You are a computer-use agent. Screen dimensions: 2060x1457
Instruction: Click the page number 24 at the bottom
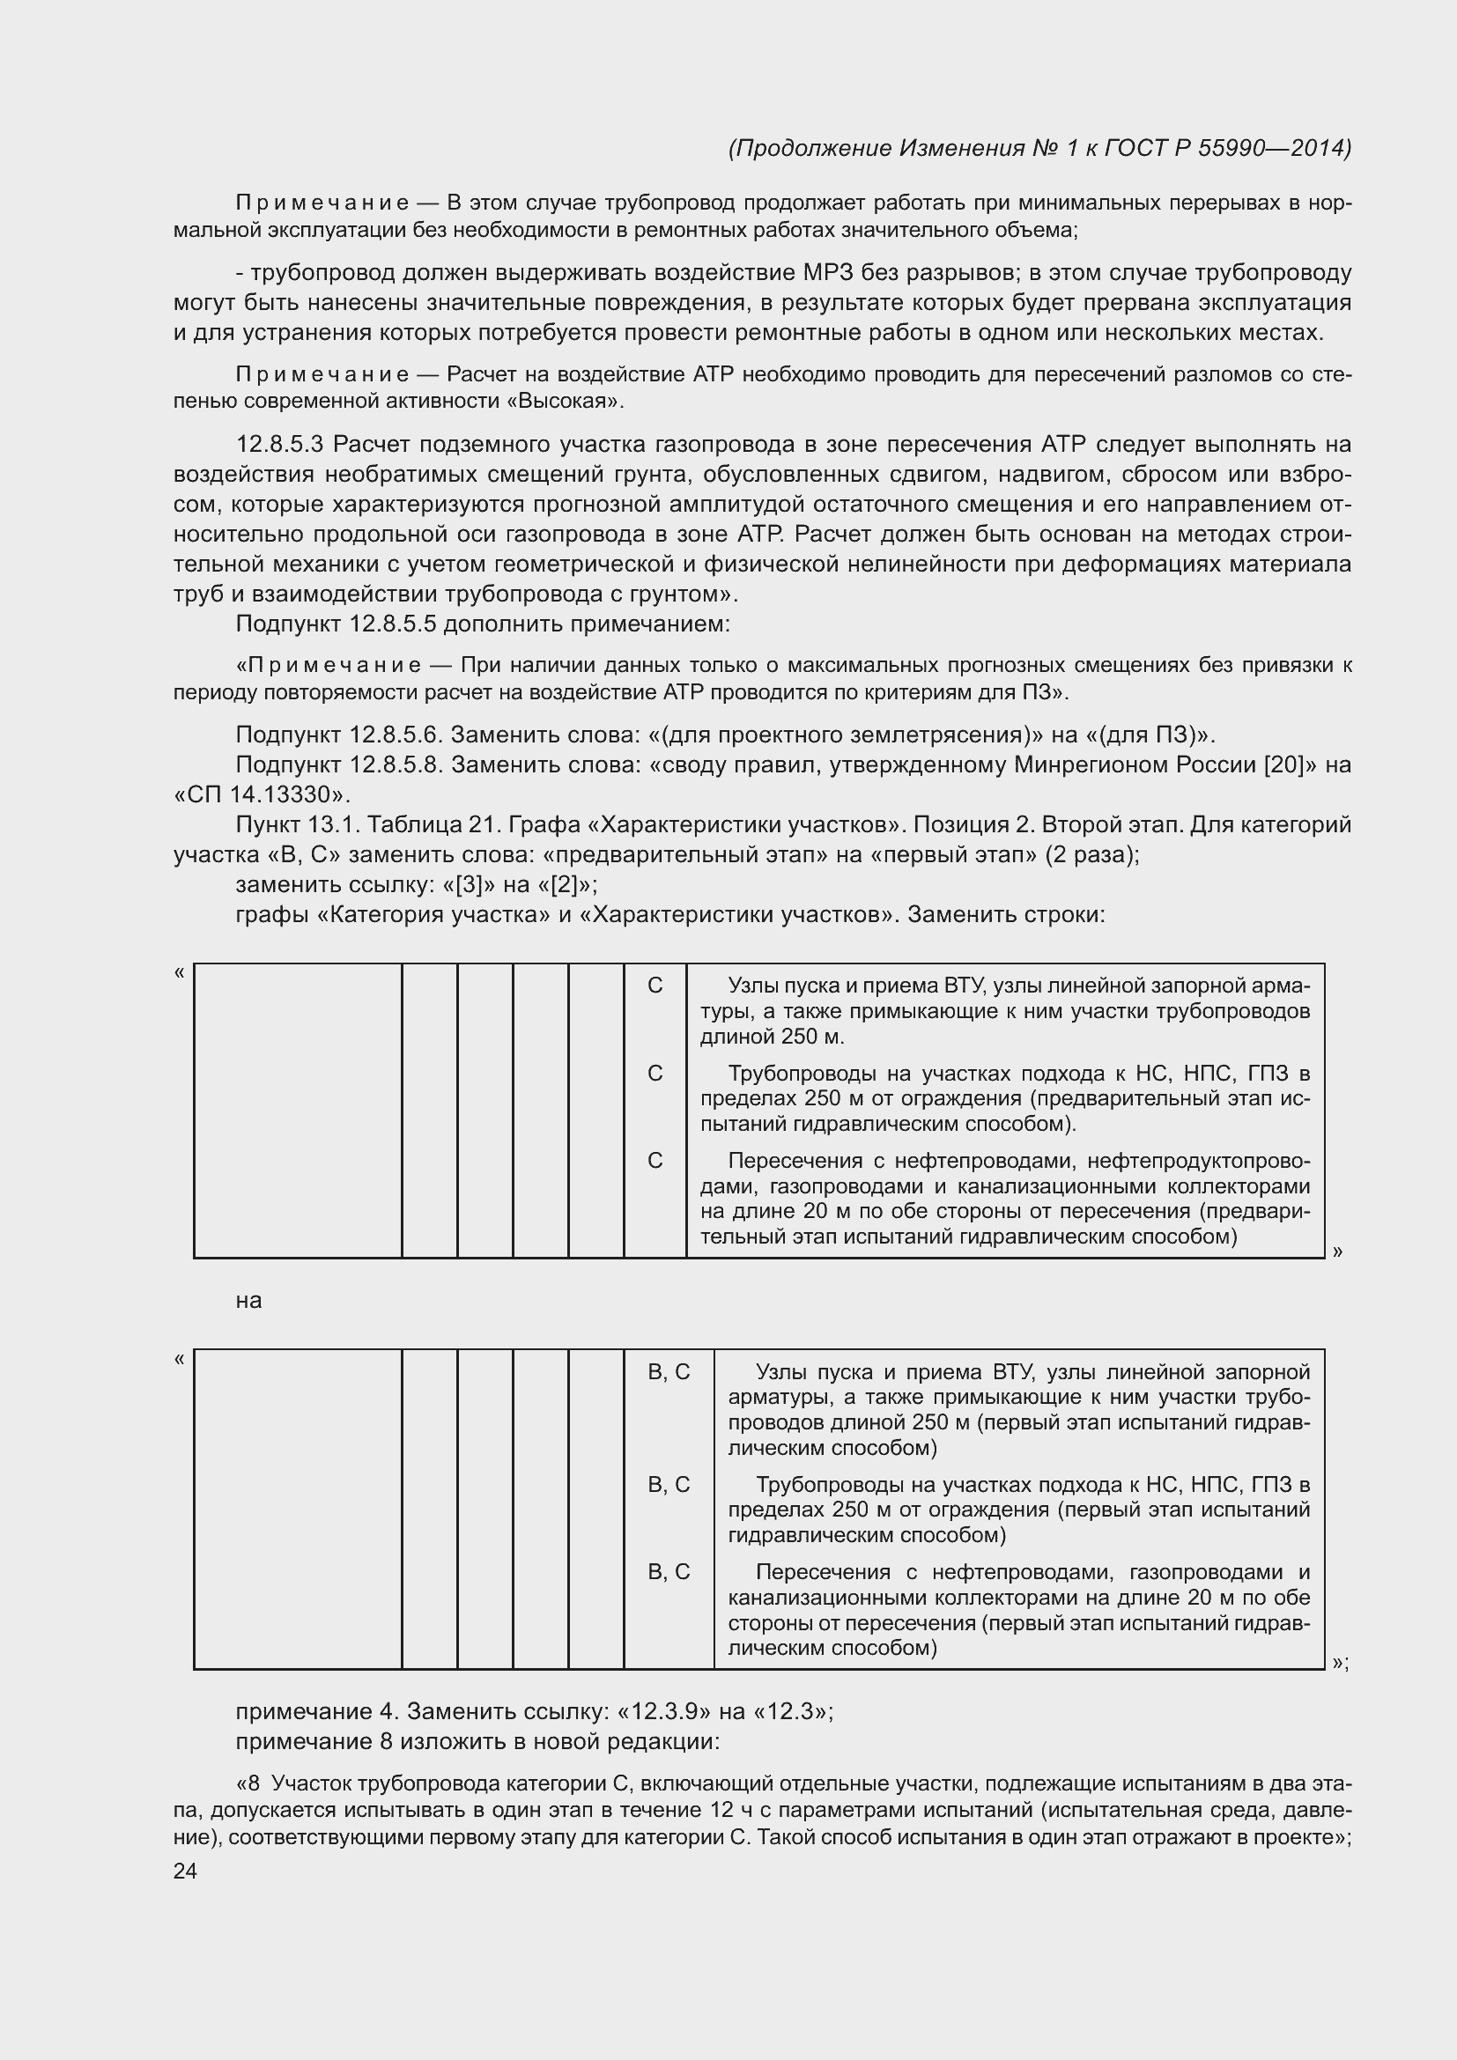pos(185,1871)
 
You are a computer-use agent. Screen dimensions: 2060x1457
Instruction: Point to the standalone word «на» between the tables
pos(248,1301)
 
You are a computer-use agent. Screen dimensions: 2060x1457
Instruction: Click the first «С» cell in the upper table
pos(655,986)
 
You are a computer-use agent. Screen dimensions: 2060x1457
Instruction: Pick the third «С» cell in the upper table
pos(655,1161)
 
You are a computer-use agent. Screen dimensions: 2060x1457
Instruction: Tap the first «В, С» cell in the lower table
pos(669,1372)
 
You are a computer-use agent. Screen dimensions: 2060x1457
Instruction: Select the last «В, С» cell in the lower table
pos(669,1572)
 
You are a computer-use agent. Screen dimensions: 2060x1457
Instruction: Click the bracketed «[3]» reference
pos(470,884)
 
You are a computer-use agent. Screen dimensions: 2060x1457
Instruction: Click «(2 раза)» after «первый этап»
pos(1090,854)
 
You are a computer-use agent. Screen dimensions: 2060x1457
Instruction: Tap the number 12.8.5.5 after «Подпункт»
pos(394,624)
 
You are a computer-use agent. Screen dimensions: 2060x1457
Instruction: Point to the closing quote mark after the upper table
pos(1338,1251)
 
